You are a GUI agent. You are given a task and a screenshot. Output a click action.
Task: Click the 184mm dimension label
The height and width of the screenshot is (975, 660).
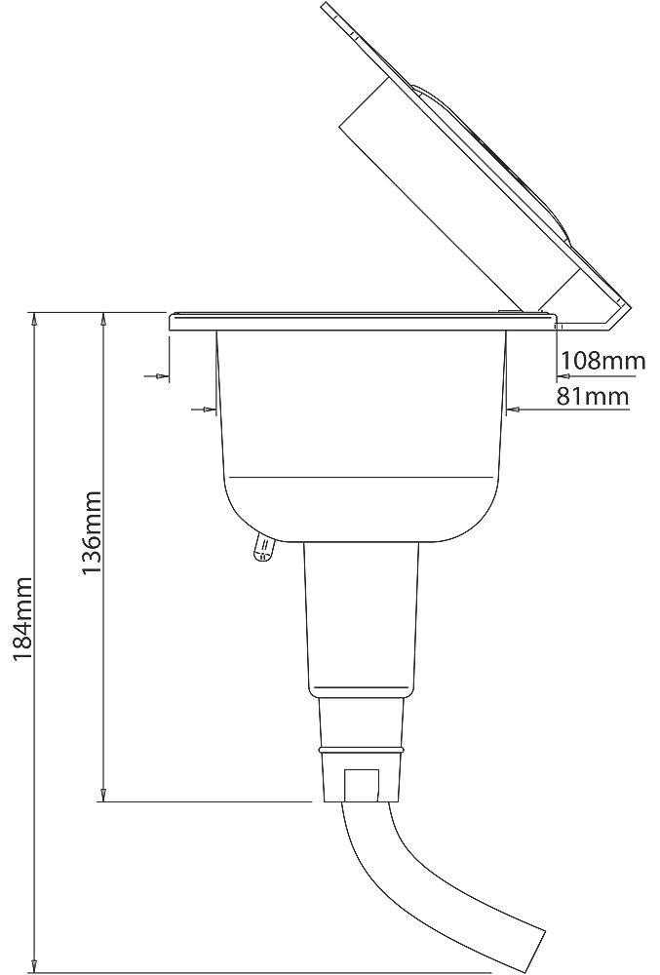tap(23, 619)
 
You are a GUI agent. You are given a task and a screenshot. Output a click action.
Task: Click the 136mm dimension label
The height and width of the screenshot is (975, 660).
tap(92, 533)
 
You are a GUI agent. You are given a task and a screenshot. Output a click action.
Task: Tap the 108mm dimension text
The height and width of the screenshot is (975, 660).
tap(602, 360)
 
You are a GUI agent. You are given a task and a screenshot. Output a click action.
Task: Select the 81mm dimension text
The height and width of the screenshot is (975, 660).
tap(593, 396)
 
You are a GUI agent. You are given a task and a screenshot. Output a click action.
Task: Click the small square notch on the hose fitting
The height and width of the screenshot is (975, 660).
tap(361, 785)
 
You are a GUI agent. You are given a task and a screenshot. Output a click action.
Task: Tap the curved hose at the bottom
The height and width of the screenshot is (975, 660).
tap(435, 883)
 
